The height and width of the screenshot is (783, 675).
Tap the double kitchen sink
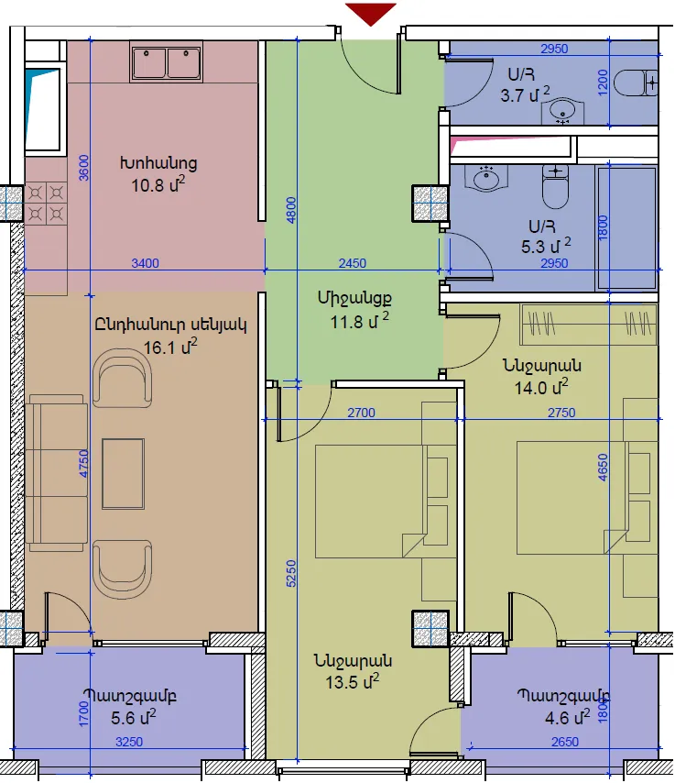tap(166, 61)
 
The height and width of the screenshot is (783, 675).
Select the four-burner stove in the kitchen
tap(46, 204)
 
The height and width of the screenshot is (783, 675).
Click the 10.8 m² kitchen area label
tap(158, 185)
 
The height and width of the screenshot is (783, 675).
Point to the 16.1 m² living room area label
tap(170, 347)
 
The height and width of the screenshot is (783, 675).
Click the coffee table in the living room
tap(124, 474)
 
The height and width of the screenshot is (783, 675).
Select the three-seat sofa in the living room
tap(57, 473)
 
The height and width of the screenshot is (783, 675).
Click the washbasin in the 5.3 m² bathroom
tap(486, 178)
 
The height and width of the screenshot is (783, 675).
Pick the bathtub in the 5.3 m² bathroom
tap(626, 228)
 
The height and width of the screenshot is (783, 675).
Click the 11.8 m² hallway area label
tap(359, 322)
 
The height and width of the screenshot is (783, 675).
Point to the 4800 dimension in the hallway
tap(291, 210)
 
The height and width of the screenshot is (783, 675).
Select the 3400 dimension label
tap(146, 263)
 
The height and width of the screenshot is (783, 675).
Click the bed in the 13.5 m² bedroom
tap(371, 501)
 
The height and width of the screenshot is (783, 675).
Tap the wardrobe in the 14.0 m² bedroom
tap(589, 324)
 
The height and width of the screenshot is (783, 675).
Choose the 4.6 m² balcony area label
tap(567, 718)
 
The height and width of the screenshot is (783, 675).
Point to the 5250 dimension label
tap(291, 574)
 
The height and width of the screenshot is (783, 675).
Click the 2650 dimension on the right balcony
tap(565, 742)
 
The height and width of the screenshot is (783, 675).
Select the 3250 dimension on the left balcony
tap(129, 742)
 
